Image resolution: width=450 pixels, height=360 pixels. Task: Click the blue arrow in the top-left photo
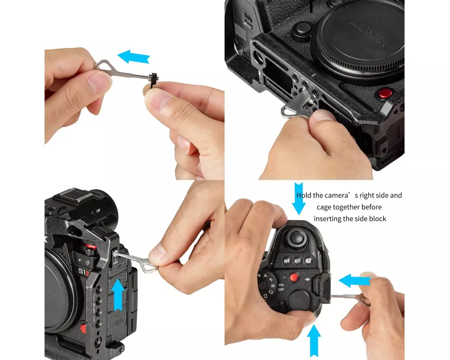point(133,57)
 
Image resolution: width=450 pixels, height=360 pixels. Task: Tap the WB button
point(287,261)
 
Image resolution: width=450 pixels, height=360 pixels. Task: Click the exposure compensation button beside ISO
point(309,261)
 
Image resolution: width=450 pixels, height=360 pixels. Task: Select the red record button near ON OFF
point(294,277)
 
